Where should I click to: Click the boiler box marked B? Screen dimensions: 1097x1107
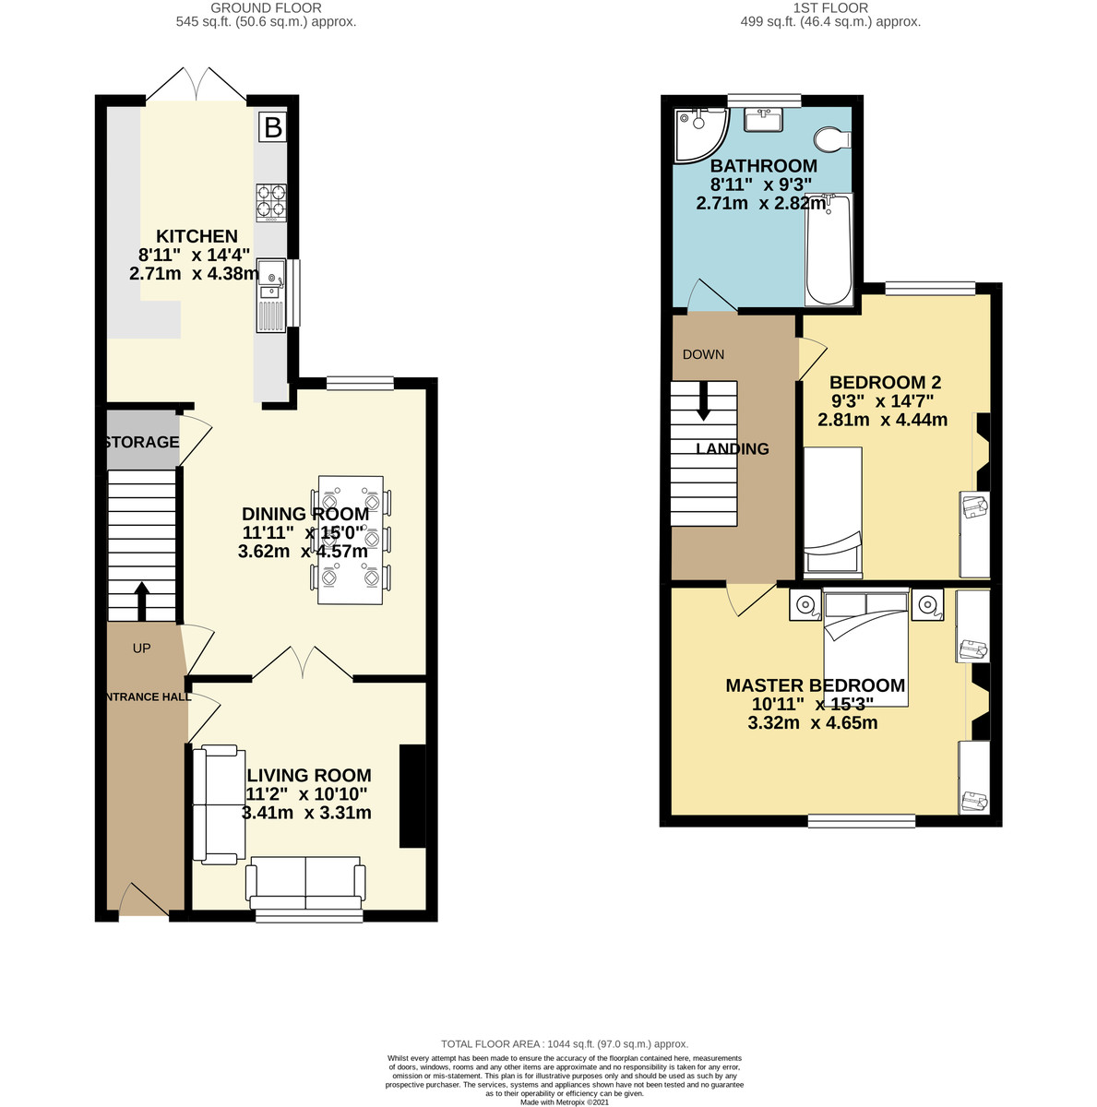point(272,126)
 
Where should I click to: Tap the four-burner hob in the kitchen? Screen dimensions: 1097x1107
point(270,203)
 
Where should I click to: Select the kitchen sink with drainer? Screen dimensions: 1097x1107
point(271,295)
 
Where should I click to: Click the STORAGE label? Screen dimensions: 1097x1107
point(142,442)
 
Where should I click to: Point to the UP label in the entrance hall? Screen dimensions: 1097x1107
point(141,648)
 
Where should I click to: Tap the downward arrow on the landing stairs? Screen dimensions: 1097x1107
point(702,400)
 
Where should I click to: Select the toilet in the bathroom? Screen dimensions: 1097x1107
point(832,139)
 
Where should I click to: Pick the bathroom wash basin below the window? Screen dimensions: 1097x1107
point(763,120)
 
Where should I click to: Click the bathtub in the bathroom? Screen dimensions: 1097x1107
point(829,249)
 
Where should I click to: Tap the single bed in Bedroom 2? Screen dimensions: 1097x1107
point(832,512)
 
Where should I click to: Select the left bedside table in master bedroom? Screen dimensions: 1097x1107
point(805,605)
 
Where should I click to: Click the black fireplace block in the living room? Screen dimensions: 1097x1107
point(412,795)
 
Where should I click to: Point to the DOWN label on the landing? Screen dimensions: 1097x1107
point(703,354)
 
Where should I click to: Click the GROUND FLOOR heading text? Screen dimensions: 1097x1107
point(266,8)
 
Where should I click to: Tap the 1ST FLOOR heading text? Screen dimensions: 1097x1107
point(830,8)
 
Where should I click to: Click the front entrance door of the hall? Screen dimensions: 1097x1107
point(144,899)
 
